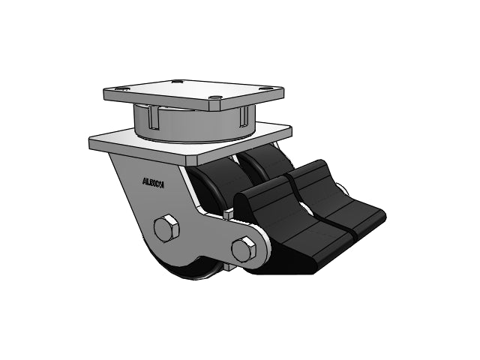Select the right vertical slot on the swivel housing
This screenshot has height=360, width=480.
241,115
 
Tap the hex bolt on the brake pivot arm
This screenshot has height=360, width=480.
244,249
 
